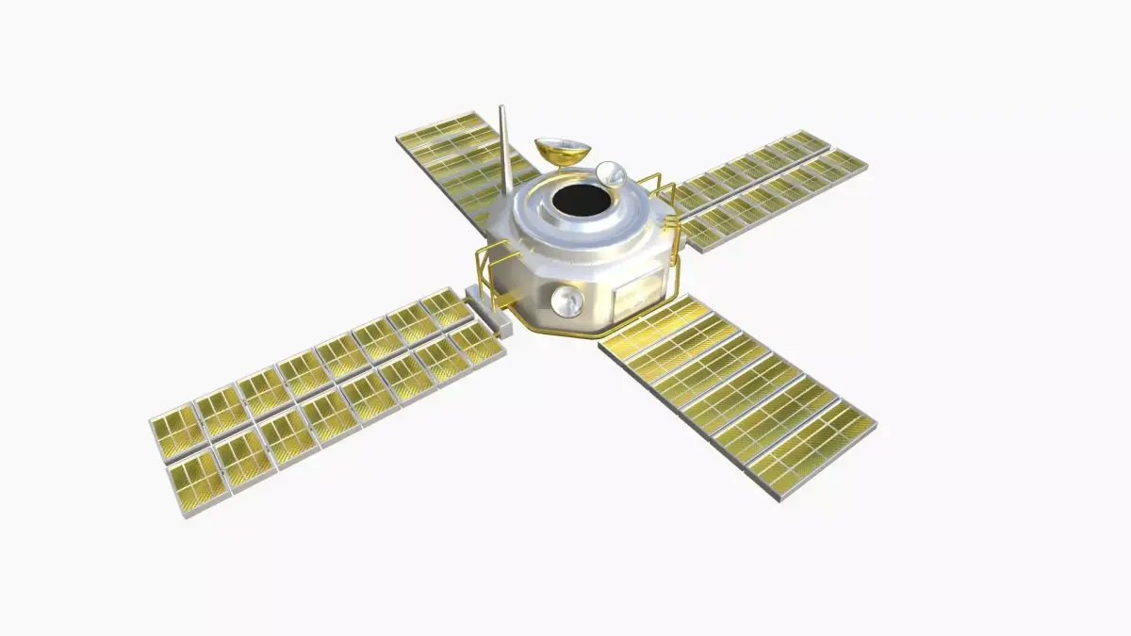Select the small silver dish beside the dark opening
click(610, 173)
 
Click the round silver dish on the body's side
click(566, 302)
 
